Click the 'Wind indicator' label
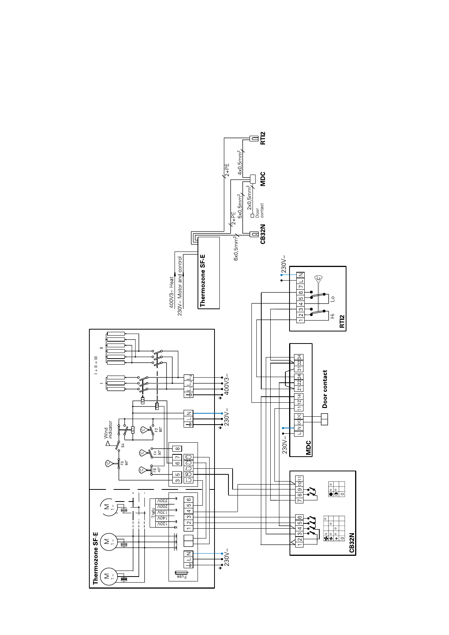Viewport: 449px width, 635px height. click(x=108, y=429)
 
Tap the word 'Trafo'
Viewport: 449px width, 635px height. click(x=153, y=512)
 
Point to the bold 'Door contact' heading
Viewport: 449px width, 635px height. click(x=325, y=389)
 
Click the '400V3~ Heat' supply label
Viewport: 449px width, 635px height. click(x=172, y=292)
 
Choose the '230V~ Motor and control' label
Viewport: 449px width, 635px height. click(x=180, y=286)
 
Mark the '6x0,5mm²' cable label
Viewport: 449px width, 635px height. click(x=236, y=248)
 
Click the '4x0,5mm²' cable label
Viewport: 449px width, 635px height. click(x=240, y=163)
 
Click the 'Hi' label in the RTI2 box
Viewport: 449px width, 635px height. click(x=332, y=316)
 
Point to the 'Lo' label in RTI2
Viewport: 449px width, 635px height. click(x=332, y=298)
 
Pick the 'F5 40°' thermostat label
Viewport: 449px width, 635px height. click(x=157, y=470)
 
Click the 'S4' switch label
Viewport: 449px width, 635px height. click(x=123, y=445)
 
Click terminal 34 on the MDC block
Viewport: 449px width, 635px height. click(x=299, y=357)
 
